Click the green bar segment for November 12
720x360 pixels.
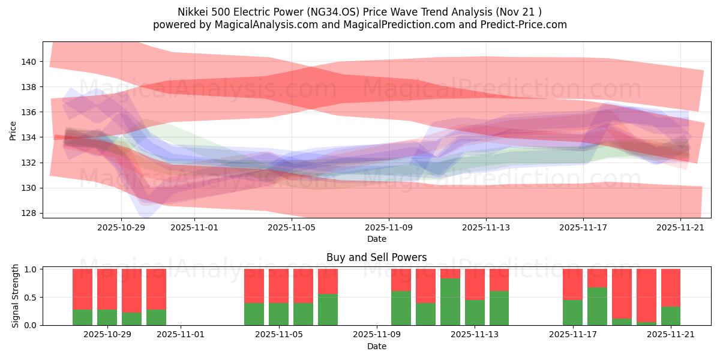click(x=450, y=302)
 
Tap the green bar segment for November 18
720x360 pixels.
click(x=597, y=307)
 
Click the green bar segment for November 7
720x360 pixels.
click(x=328, y=310)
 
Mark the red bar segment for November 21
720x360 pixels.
click(x=671, y=287)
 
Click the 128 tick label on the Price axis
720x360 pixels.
click(x=29, y=213)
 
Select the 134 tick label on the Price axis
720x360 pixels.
click(x=29, y=137)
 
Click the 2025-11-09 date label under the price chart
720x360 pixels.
click(x=389, y=228)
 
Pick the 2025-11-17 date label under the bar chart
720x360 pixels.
click(x=572, y=335)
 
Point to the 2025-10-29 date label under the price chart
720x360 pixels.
click(x=121, y=228)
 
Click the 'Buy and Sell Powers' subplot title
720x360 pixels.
click(x=376, y=257)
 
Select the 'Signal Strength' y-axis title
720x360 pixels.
click(x=16, y=296)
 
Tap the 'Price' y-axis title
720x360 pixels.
click(x=13, y=130)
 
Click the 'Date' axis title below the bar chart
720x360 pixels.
click(x=376, y=346)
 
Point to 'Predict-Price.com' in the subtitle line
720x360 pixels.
click(x=524, y=25)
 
